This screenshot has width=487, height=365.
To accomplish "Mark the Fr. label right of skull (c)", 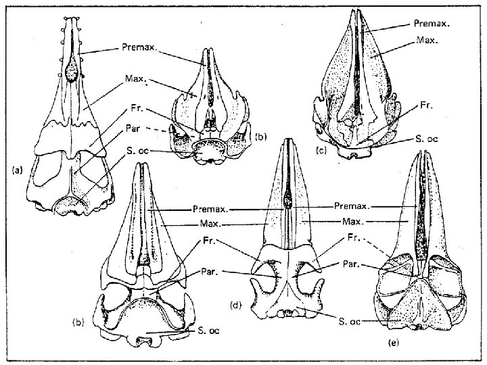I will (x=426, y=105).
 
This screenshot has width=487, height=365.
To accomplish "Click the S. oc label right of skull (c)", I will (x=427, y=139).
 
